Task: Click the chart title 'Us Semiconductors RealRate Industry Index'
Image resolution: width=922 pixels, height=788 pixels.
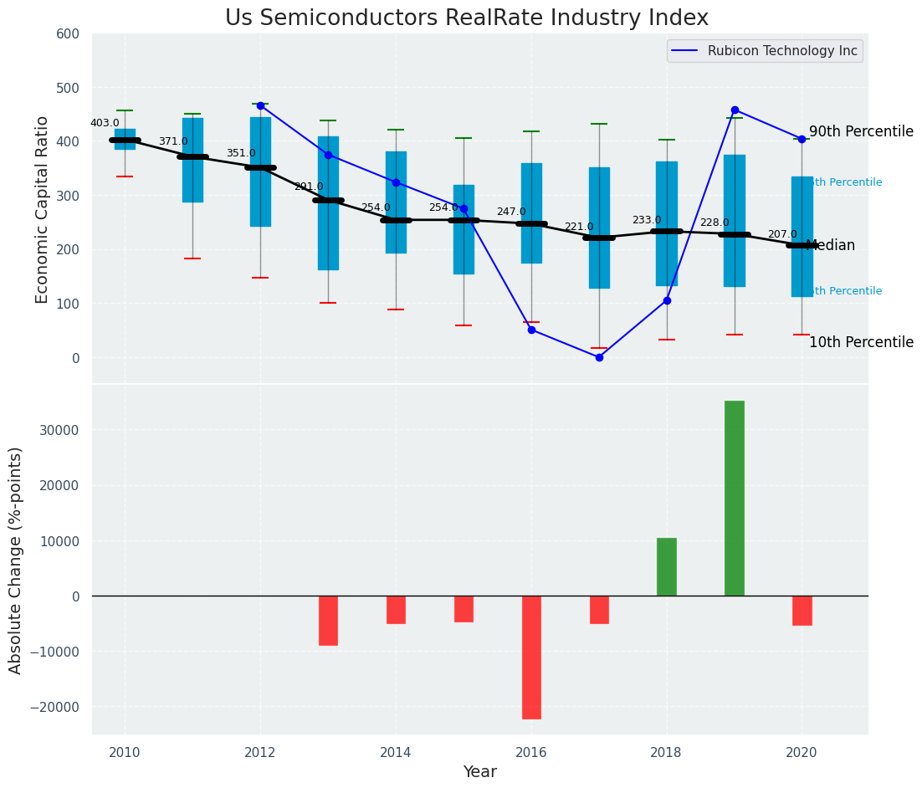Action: [x=467, y=18]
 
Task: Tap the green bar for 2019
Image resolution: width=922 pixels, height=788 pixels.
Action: [x=734, y=498]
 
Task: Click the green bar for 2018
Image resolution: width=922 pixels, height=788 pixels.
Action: [x=667, y=566]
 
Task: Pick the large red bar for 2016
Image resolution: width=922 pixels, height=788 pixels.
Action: [x=531, y=657]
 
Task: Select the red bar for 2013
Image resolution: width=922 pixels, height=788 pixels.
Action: [x=328, y=620]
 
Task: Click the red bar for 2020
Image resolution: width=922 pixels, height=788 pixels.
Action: [x=802, y=610]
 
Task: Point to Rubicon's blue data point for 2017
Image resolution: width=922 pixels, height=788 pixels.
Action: [x=599, y=357]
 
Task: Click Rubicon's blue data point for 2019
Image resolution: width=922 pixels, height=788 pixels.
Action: [x=735, y=110]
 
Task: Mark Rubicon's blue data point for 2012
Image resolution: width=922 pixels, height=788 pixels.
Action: [x=260, y=105]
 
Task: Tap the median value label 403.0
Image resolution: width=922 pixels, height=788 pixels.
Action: [x=105, y=123]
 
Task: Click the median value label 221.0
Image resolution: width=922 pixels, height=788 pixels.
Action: [x=578, y=227]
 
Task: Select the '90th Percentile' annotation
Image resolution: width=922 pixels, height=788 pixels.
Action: [x=861, y=132]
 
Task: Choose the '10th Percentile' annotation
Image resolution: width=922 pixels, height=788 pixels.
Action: [x=861, y=343]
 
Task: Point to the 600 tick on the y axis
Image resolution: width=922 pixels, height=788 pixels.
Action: [x=68, y=34]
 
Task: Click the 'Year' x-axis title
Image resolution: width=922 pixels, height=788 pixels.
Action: [x=480, y=772]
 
